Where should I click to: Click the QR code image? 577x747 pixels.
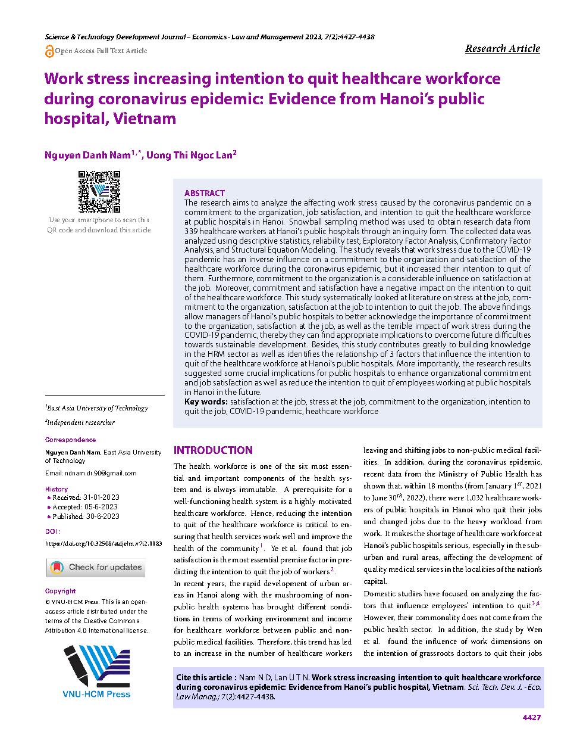coord(100,192)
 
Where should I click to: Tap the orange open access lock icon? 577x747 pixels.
coord(49,51)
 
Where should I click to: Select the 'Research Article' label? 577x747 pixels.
coord(502,48)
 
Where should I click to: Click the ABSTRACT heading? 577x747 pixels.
coord(205,193)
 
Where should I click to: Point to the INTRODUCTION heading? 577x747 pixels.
coord(213,450)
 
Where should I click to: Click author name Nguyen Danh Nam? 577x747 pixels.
coord(87,155)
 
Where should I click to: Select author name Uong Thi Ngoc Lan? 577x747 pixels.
coord(191,155)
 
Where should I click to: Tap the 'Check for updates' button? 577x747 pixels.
coord(96,567)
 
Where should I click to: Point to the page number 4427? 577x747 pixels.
coord(531,717)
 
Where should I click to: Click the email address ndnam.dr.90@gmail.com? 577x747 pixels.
coord(91,473)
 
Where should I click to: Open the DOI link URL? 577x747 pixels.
coord(104,544)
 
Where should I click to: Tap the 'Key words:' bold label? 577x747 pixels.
coord(206,401)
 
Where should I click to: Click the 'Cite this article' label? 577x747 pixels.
coord(205,677)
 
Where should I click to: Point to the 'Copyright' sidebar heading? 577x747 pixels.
coord(61,591)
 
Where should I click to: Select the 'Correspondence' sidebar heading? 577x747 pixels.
coord(70,440)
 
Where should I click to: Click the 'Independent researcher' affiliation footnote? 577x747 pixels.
coord(81,422)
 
